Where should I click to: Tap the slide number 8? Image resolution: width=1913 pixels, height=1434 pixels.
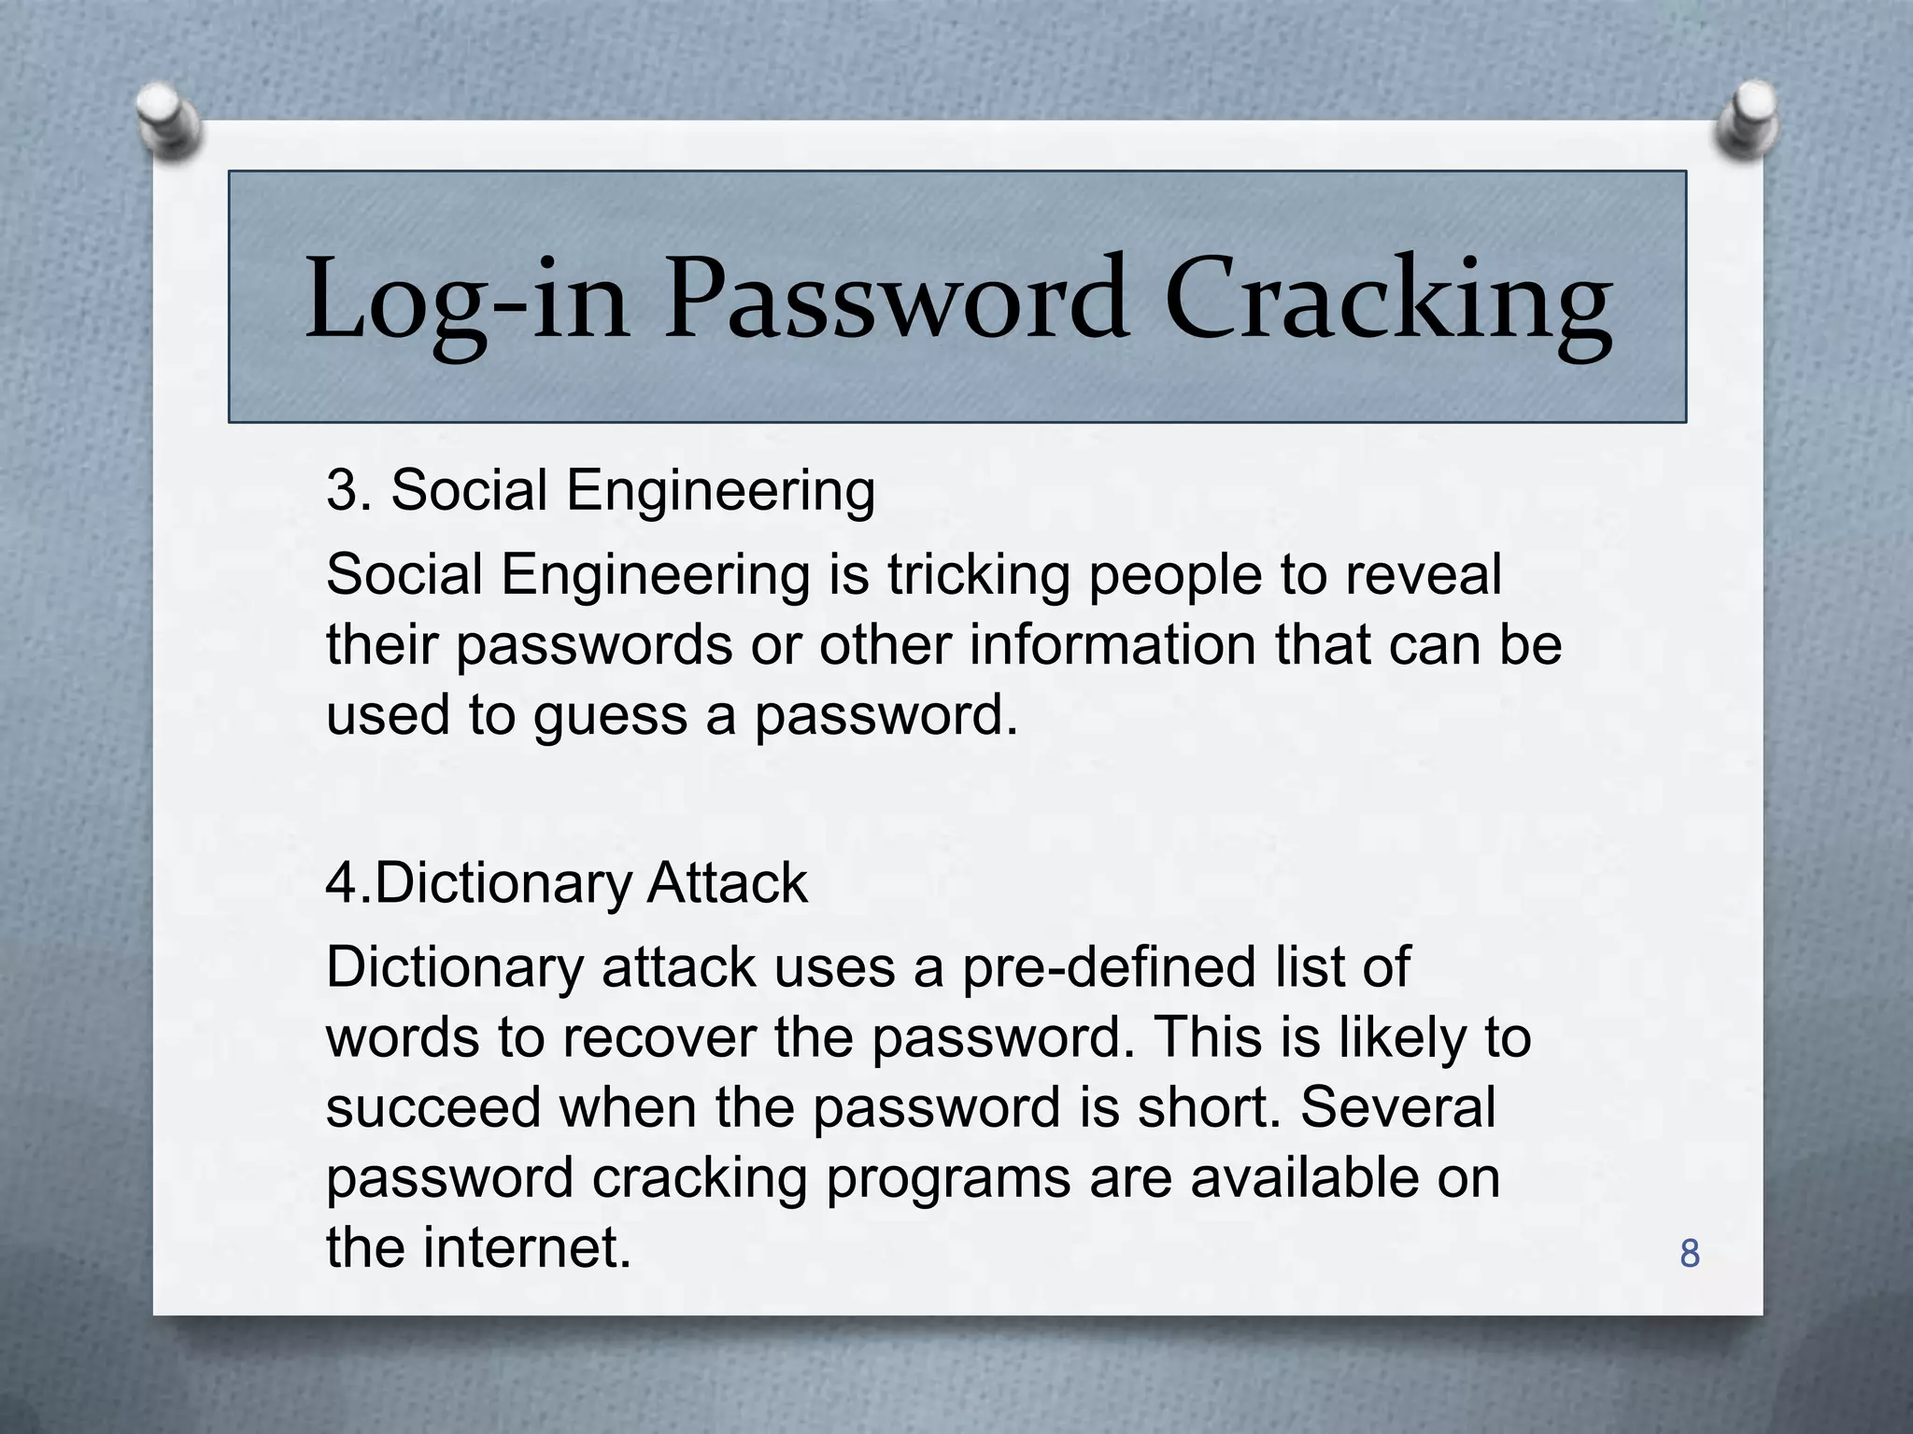[x=1689, y=1254]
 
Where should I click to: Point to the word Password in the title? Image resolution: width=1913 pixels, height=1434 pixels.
[x=896, y=301]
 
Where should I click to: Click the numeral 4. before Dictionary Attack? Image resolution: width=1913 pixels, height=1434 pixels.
[x=347, y=883]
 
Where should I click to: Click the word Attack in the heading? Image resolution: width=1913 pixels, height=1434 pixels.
[x=726, y=883]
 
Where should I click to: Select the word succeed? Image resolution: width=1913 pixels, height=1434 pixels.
[x=433, y=1108]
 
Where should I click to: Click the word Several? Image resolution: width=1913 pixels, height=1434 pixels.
[x=1398, y=1108]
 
